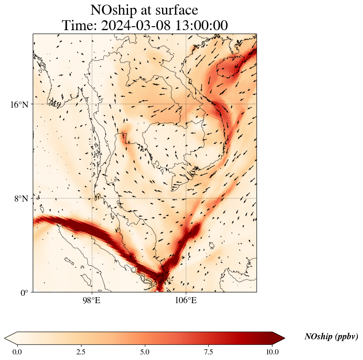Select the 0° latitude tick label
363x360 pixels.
pos(25,293)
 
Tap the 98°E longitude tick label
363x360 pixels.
pos(91,300)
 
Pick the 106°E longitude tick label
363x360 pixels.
pos(186,300)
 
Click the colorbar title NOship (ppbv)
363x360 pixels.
pos(331,337)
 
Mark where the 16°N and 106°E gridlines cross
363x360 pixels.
pos(186,104)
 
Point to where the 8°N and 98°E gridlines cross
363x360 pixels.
pos(91,199)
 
